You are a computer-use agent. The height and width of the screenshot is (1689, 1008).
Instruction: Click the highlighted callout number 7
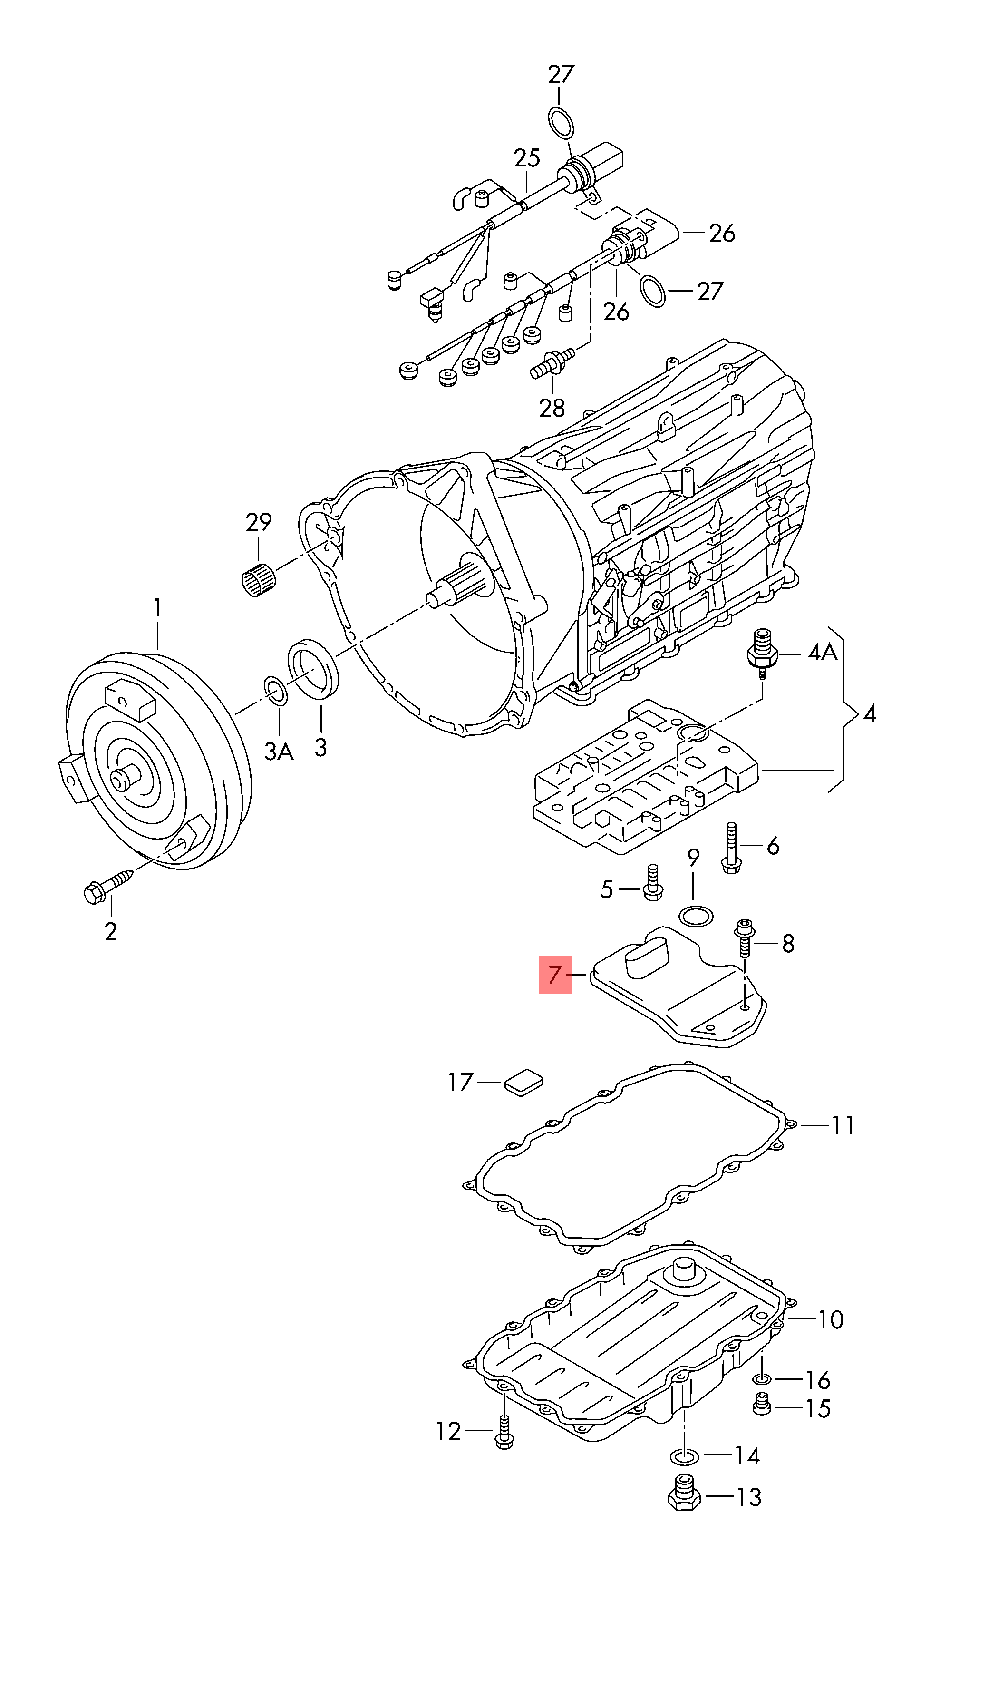point(555,975)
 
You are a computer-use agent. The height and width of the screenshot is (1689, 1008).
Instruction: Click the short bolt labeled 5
point(652,883)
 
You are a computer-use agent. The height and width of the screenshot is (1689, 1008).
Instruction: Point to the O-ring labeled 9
point(696,916)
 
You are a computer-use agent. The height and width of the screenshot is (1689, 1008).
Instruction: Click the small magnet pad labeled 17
point(523,1082)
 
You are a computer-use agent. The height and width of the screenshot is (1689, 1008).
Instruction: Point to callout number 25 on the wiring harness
point(526,158)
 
